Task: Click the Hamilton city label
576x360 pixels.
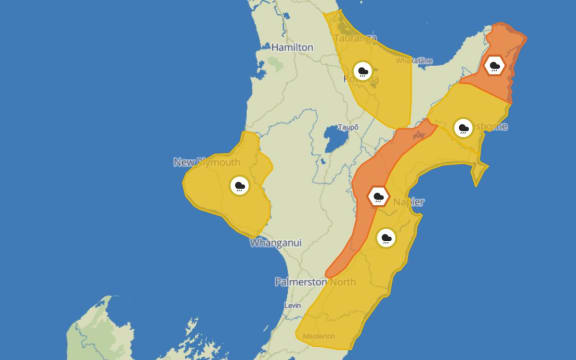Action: (x=291, y=47)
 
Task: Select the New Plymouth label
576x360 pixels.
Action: (x=205, y=162)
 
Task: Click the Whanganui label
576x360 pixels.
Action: (x=273, y=243)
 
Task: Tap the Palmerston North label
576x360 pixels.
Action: (x=315, y=281)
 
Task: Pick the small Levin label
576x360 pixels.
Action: (x=292, y=304)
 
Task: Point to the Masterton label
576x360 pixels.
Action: (x=318, y=334)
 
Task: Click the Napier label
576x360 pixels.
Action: (x=408, y=202)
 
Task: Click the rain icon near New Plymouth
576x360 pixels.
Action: (x=239, y=186)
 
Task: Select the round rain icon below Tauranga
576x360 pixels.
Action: (x=363, y=71)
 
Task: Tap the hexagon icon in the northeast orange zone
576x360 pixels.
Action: (x=494, y=66)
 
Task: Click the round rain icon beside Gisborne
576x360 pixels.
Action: (x=463, y=127)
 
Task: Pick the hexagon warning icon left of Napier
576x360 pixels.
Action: (x=379, y=195)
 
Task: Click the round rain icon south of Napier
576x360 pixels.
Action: (x=386, y=237)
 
